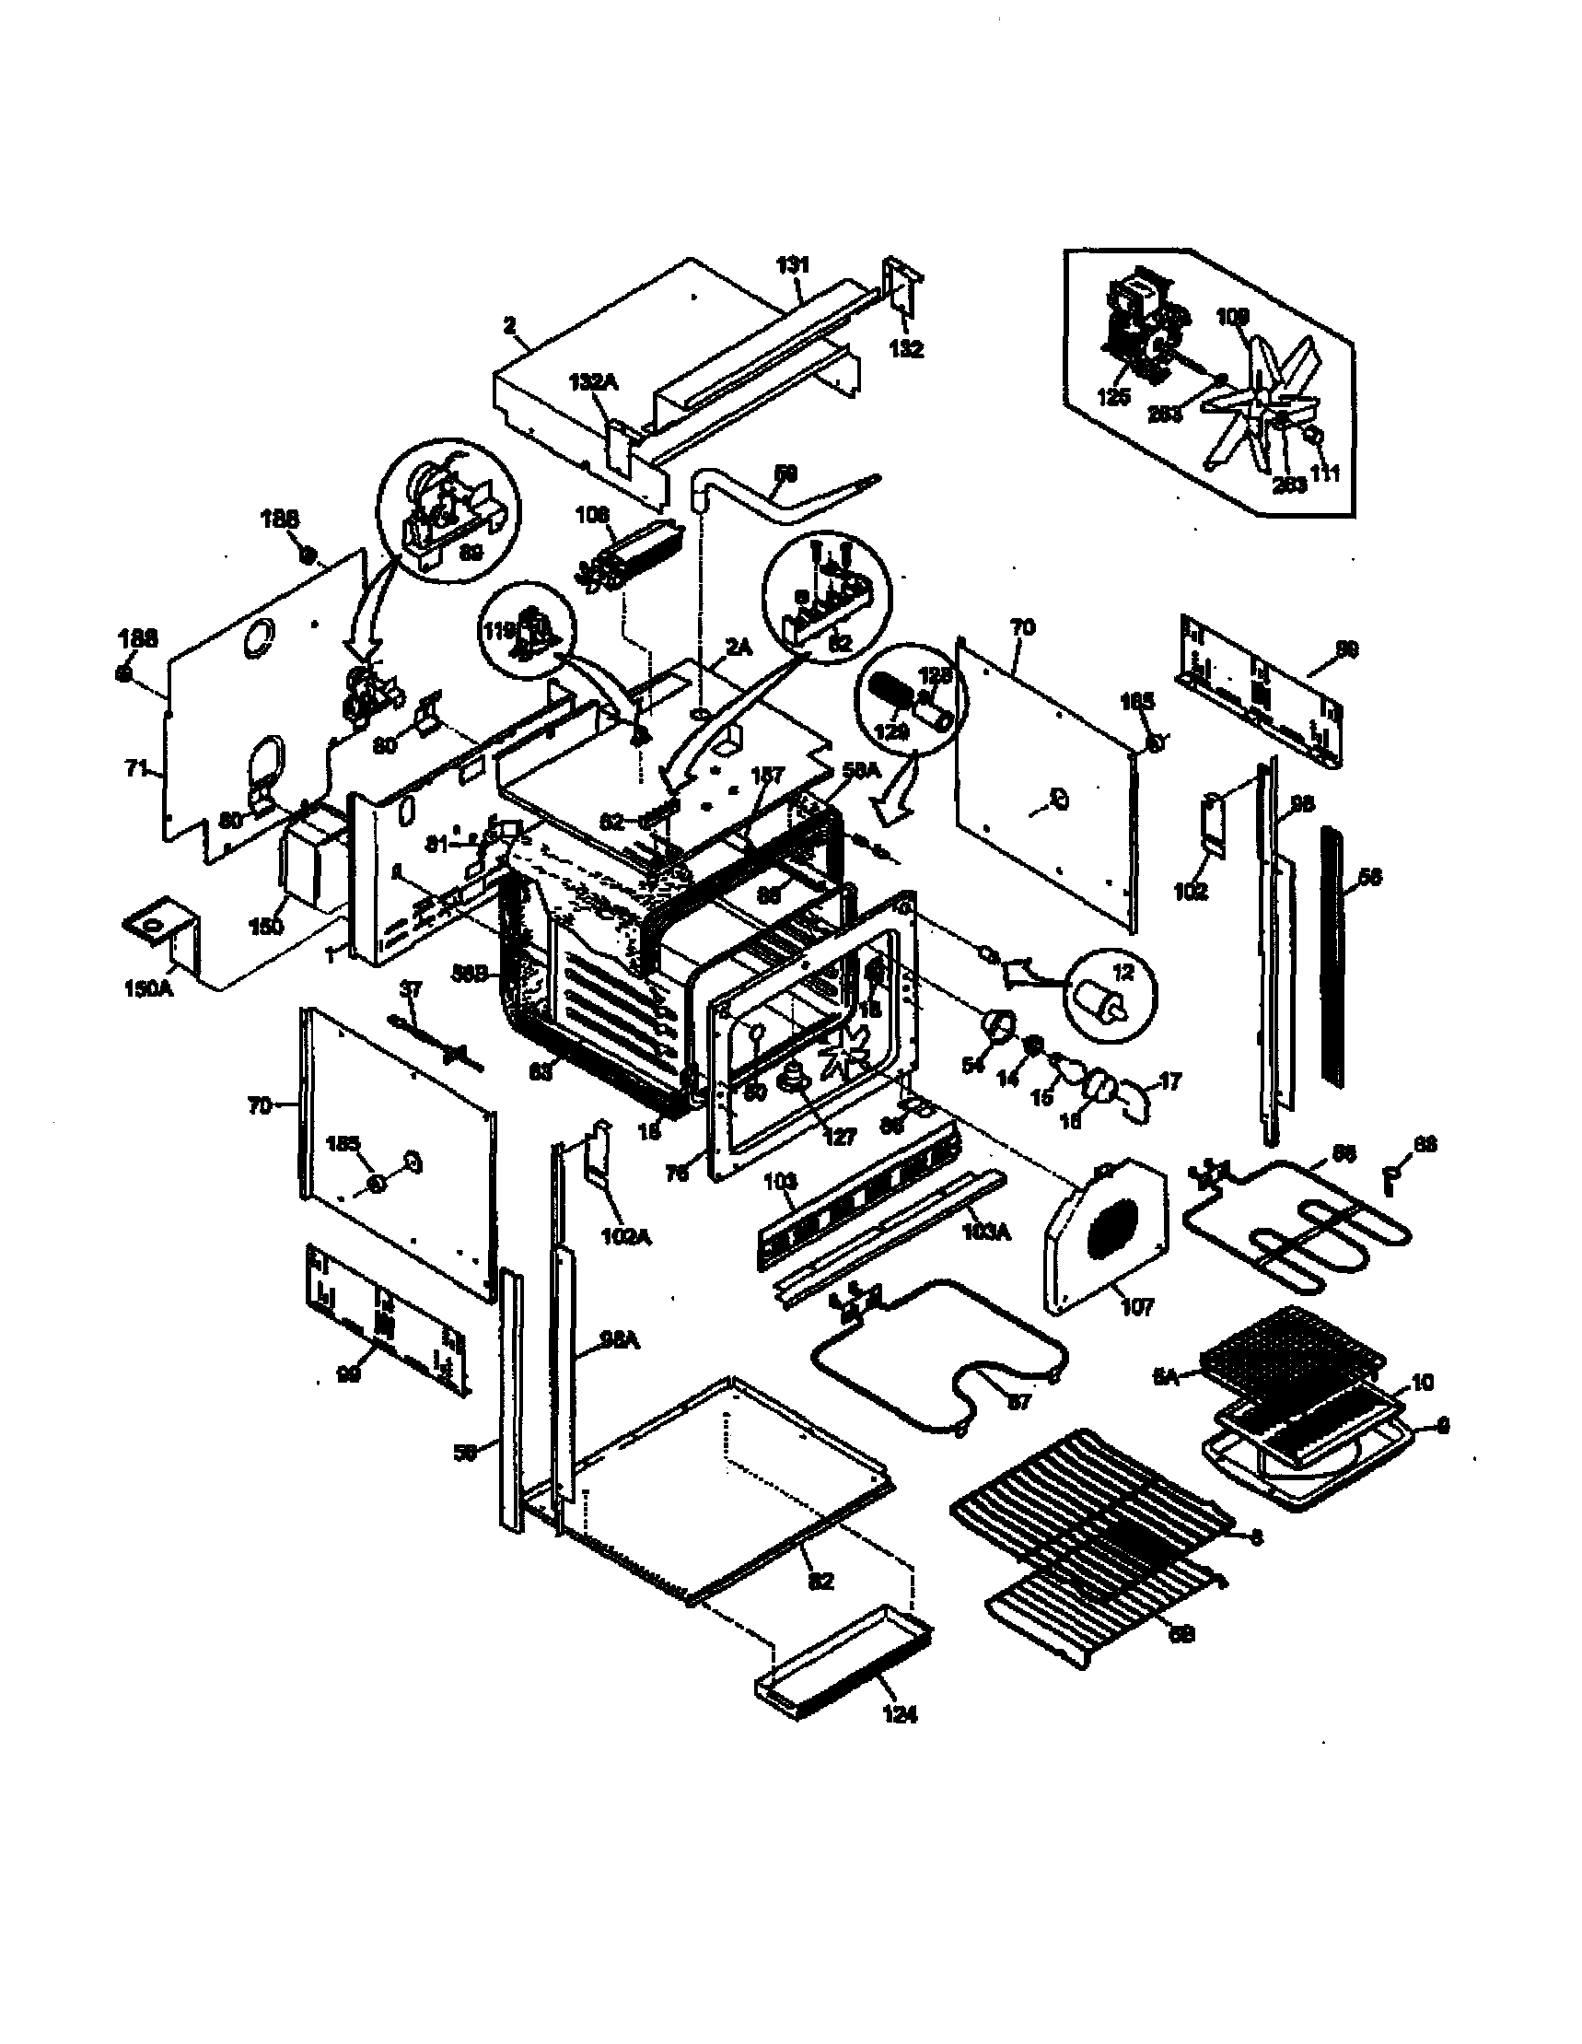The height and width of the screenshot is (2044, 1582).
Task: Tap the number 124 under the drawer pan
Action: pyautogui.click(x=899, y=1713)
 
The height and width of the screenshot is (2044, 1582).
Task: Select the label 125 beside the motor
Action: pyautogui.click(x=1113, y=397)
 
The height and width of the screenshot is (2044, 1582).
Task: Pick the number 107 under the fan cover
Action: pyautogui.click(x=1137, y=1306)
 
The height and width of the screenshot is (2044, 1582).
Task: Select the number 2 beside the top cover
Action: pyautogui.click(x=509, y=326)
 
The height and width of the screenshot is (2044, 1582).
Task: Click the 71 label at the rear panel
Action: pyautogui.click(x=136, y=768)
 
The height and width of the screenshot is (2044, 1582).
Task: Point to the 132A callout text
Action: pyautogui.click(x=592, y=383)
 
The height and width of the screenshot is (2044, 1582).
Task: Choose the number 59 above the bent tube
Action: pyautogui.click(x=785, y=473)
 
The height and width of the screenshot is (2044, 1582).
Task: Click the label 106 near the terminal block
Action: pyautogui.click(x=592, y=514)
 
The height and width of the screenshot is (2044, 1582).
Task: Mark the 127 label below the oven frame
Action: pyautogui.click(x=839, y=1136)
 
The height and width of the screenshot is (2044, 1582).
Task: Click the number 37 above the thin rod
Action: pyautogui.click(x=412, y=988)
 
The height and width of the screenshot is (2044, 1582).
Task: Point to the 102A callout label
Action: pyautogui.click(x=626, y=1236)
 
